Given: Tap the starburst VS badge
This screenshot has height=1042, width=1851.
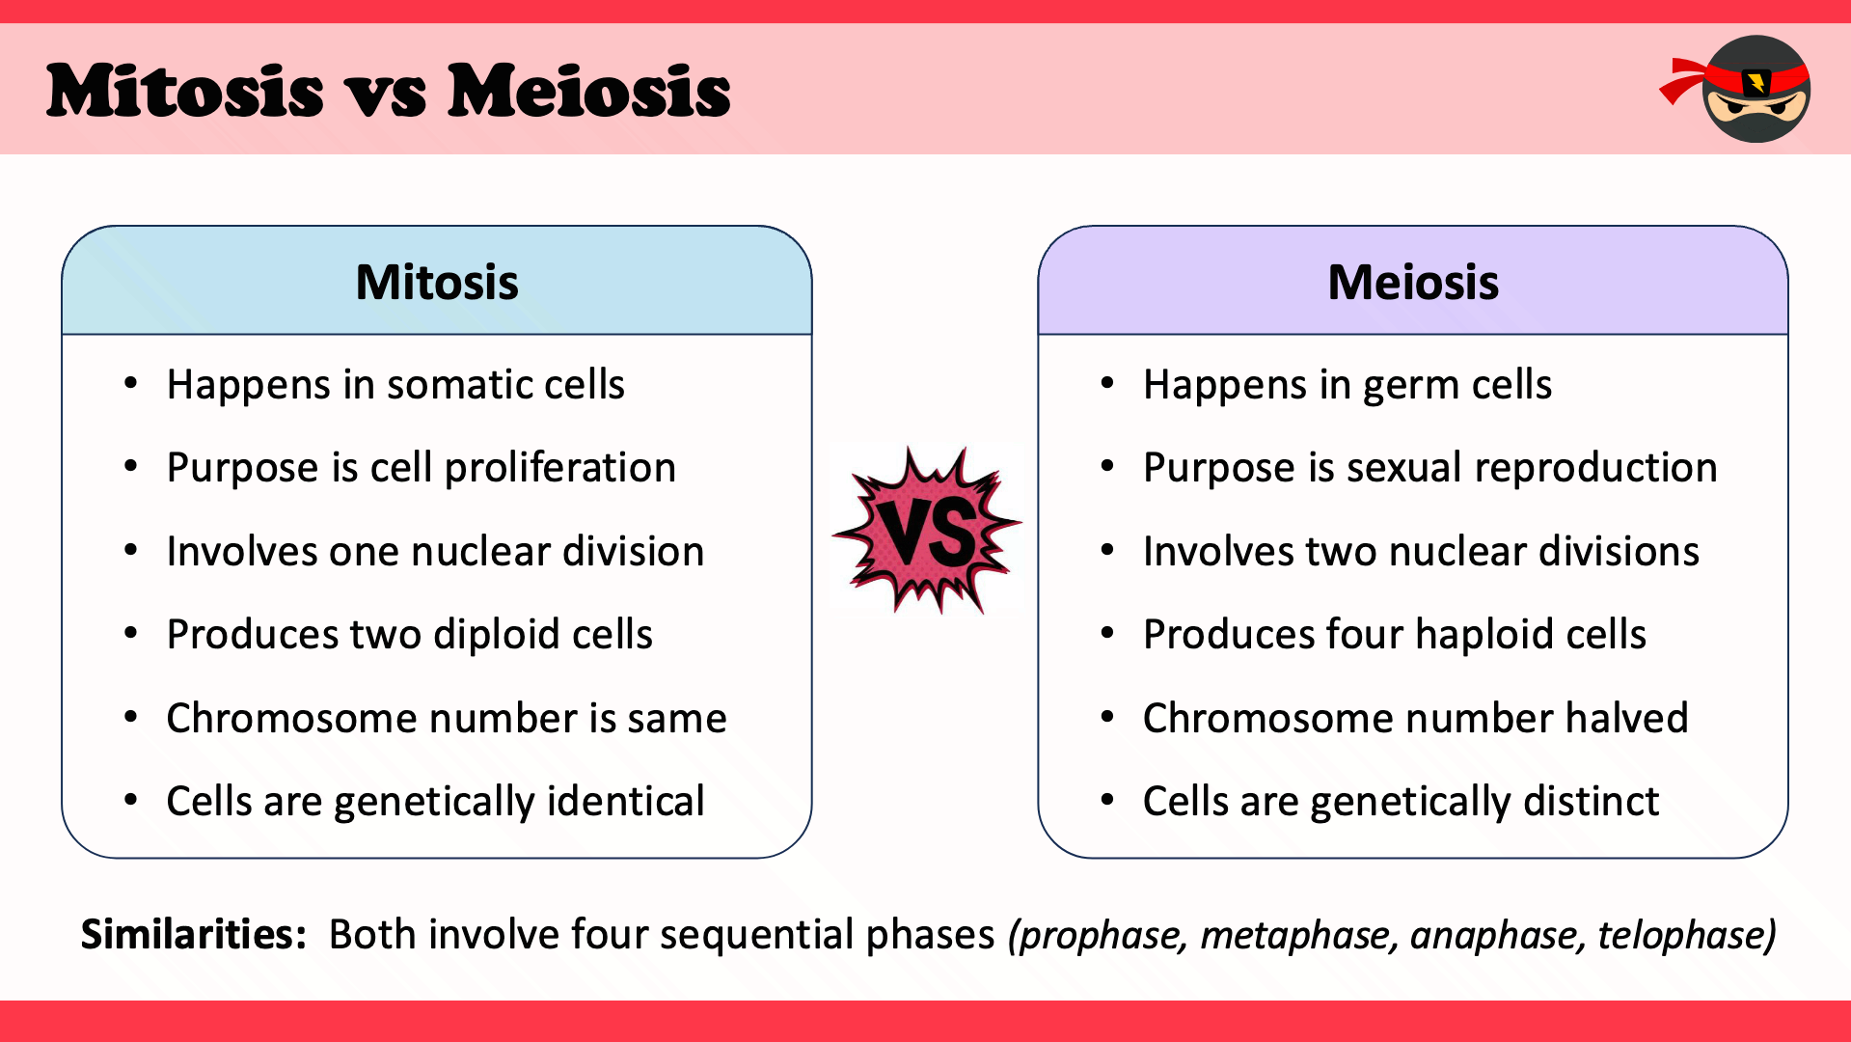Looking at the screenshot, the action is coord(927,531).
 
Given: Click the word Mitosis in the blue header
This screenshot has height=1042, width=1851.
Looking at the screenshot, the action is coord(437,283).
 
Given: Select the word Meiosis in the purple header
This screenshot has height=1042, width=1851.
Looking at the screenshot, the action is coord(1413,283).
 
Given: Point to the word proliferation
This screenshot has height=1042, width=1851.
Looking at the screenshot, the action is coord(559,469).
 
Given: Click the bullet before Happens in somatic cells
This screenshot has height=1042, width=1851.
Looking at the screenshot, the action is coord(131,384).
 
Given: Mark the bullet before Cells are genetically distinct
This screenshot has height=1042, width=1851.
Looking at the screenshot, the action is coord(1107,801).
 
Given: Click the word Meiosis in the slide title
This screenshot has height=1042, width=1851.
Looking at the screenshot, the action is coord(588,92).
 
